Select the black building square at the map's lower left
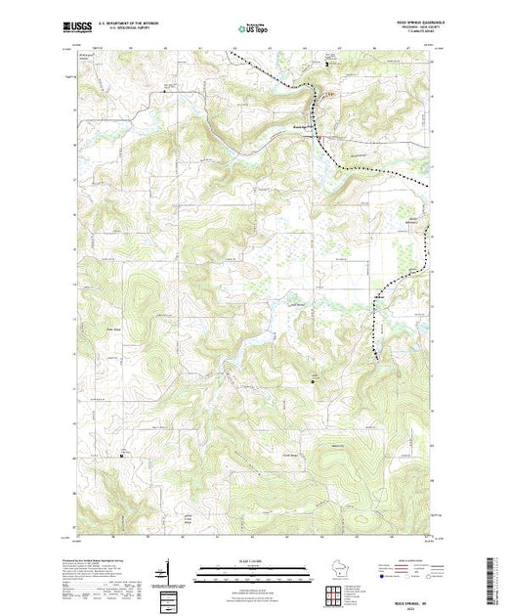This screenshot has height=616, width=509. (122, 456)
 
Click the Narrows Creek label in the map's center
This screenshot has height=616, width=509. (293, 306)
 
